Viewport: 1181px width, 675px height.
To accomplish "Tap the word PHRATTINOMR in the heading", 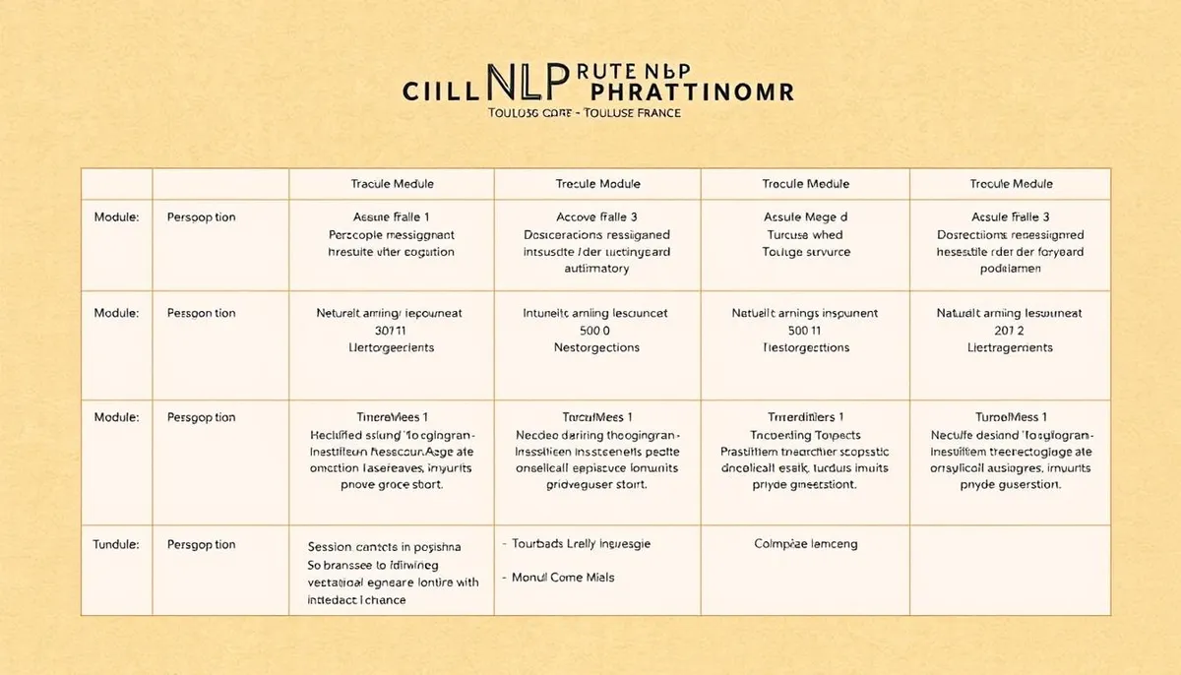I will (685, 92).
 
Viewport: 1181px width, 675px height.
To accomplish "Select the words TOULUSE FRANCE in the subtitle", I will (630, 113).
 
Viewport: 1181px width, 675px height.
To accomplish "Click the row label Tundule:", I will (116, 544).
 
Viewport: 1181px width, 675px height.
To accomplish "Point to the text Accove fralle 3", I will (597, 216).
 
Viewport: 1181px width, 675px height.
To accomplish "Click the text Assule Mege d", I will (805, 216).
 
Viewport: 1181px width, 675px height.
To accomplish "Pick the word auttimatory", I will (597, 269).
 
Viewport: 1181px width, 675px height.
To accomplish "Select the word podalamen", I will (1011, 269).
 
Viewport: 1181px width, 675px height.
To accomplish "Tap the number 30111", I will (392, 331).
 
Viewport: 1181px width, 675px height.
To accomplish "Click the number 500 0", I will (597, 331).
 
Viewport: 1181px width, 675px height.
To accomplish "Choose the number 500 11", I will (805, 331).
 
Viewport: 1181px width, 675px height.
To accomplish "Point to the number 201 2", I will (1011, 331).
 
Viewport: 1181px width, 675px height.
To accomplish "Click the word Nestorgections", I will (597, 348).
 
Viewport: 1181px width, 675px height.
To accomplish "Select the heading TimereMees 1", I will (392, 417).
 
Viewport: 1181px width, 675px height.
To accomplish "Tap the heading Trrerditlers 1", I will (805, 417).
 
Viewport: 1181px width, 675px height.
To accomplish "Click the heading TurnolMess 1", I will (1011, 417).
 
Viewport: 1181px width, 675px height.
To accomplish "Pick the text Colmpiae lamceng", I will (805, 544).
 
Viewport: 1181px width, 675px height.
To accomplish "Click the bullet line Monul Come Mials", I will (563, 578).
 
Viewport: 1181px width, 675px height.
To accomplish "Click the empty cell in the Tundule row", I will (1011, 571).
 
